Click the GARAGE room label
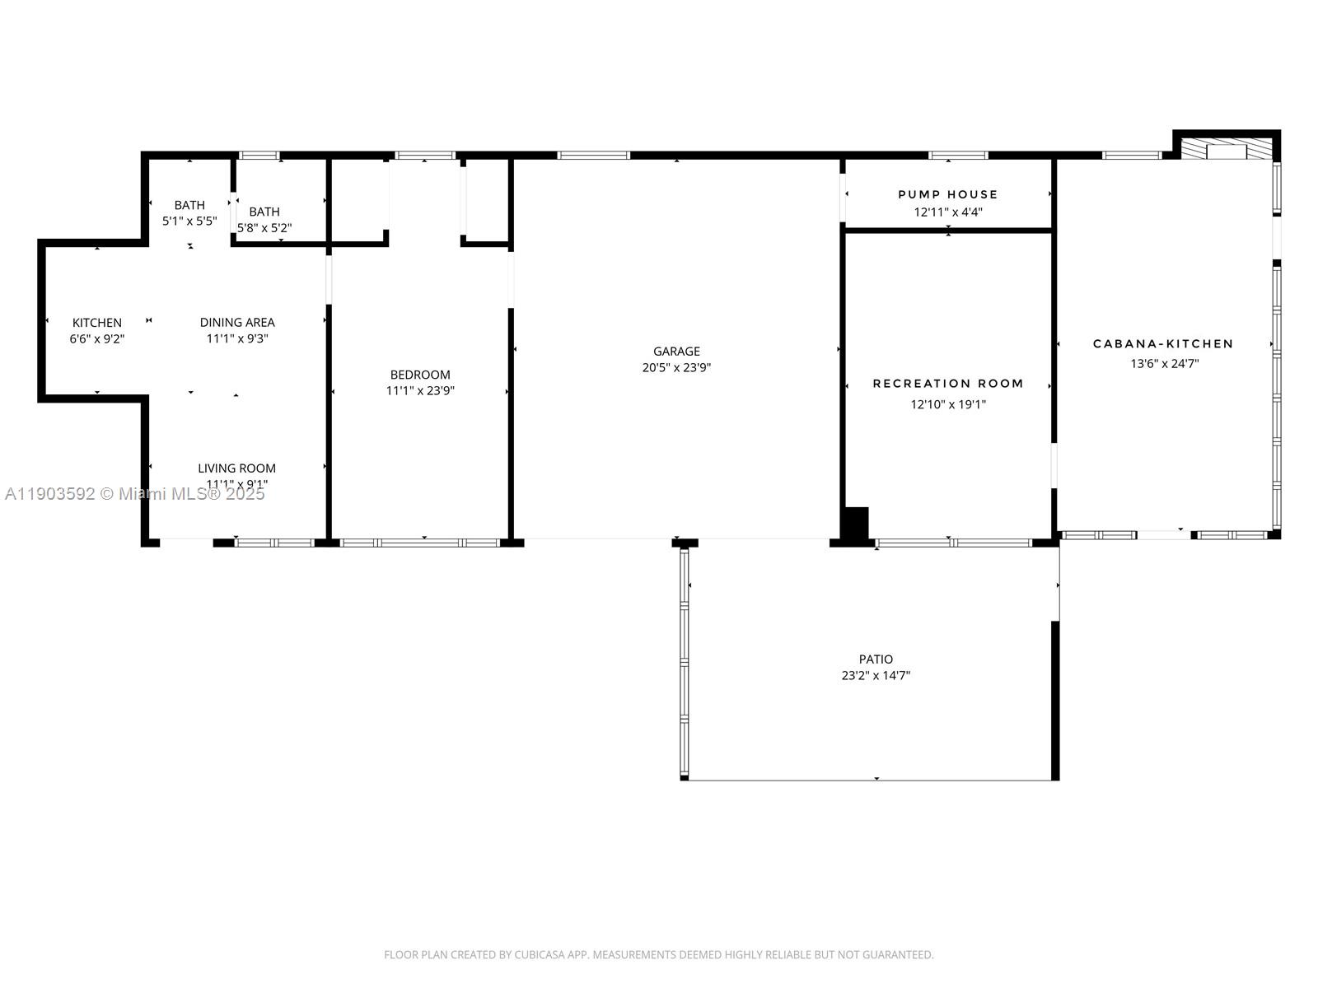(x=676, y=352)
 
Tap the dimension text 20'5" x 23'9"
(x=676, y=368)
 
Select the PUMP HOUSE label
(x=947, y=194)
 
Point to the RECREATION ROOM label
(x=948, y=384)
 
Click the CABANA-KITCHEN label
(x=1163, y=344)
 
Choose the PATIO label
(x=876, y=659)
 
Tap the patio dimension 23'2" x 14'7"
(x=876, y=676)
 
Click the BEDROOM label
(x=420, y=375)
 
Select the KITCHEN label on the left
(x=97, y=323)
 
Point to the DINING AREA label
(x=237, y=323)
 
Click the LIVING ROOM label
(x=236, y=468)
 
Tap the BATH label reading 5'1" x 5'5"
(x=189, y=205)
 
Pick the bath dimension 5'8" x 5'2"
(x=264, y=228)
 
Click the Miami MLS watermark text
(x=135, y=494)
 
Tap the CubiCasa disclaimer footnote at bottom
(x=658, y=955)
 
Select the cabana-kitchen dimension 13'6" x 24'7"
(x=1164, y=363)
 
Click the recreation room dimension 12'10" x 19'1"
(x=948, y=404)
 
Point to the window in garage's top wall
(x=593, y=155)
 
